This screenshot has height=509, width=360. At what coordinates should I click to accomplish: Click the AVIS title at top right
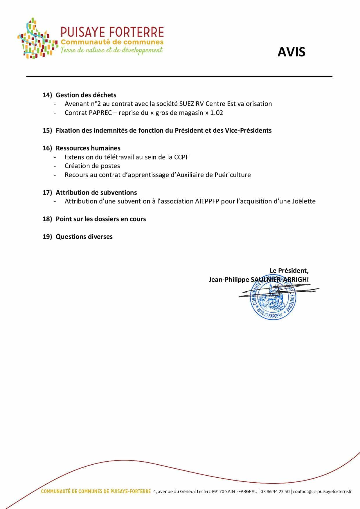291,52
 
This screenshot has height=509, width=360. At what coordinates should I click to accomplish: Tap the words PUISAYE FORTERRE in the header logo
112,32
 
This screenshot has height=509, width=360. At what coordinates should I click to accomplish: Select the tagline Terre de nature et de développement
111,50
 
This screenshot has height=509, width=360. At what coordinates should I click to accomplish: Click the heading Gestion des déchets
86,95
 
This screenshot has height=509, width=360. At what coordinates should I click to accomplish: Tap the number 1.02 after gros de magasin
217,113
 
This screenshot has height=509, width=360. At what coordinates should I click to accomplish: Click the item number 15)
47,130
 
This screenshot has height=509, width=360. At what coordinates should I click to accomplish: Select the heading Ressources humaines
88,148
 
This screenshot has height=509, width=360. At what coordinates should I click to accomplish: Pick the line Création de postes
92,166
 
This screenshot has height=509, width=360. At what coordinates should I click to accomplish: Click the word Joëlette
303,201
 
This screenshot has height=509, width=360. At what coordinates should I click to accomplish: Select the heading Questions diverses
84,237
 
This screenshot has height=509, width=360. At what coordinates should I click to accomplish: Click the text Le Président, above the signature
289,270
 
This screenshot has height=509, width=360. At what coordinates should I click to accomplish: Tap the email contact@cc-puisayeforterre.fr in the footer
322,491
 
